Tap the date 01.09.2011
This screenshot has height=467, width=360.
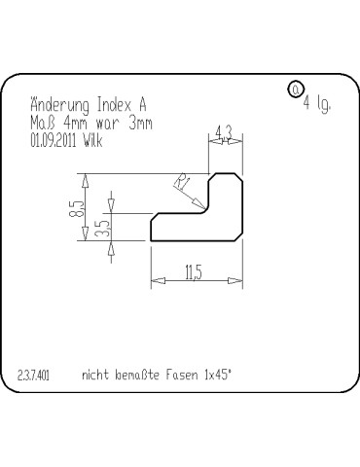coord(53,140)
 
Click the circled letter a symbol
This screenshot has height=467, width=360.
coord(295,90)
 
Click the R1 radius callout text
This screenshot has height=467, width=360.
coord(181,182)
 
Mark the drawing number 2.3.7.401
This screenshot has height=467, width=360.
coord(34,373)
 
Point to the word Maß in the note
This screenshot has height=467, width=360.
coord(42,124)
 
